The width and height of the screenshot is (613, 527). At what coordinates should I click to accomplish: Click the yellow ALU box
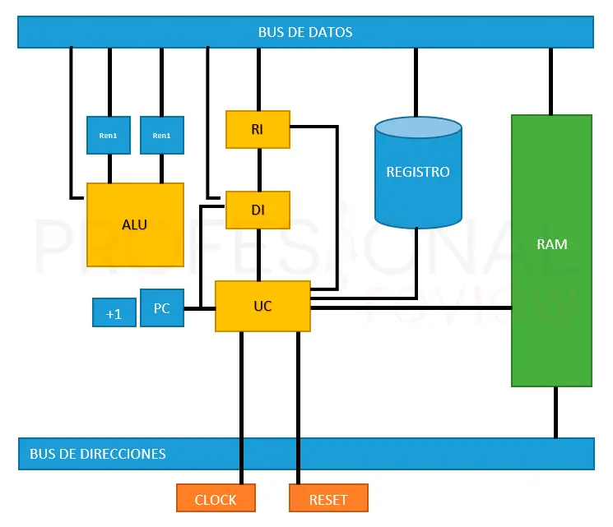click(x=135, y=224)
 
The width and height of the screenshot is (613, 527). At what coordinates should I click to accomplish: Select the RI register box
click(x=258, y=129)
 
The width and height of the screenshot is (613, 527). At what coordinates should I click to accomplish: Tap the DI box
click(x=258, y=210)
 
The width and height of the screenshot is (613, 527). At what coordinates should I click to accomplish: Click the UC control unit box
click(x=262, y=306)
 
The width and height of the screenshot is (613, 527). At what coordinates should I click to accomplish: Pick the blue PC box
click(x=162, y=308)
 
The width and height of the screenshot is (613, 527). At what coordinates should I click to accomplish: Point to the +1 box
click(x=114, y=313)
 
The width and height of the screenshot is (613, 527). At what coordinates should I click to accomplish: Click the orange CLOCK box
click(x=216, y=499)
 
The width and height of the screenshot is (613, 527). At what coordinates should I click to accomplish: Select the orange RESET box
click(x=328, y=499)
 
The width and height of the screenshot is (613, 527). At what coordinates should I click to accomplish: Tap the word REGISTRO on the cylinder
click(x=418, y=173)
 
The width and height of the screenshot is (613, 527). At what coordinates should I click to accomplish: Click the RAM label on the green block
click(x=551, y=244)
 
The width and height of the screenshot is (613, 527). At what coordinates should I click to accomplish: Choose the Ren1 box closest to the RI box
click(x=162, y=135)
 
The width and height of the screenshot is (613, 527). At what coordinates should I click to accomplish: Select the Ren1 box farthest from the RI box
click(x=109, y=135)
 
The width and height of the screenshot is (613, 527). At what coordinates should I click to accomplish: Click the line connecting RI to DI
click(x=259, y=169)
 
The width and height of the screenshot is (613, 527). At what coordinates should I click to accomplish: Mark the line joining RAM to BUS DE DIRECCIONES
click(x=555, y=412)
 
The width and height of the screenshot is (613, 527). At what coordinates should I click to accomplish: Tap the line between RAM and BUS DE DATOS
click(x=550, y=81)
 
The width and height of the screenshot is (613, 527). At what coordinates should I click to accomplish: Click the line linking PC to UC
click(x=199, y=308)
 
